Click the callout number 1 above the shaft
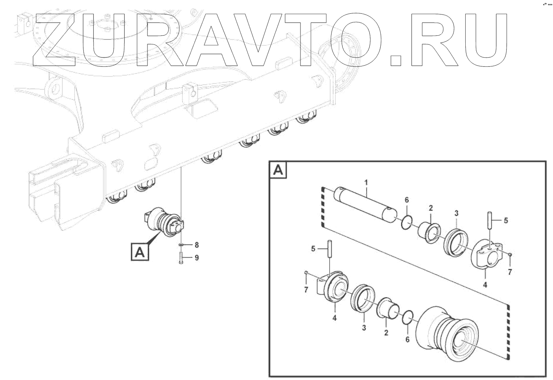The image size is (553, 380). [x=366, y=183]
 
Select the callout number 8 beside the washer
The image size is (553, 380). [x=197, y=245]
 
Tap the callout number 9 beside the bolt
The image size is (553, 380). [x=197, y=258]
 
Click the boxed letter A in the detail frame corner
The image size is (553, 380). [x=278, y=170]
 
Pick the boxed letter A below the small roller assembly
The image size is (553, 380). [x=140, y=252]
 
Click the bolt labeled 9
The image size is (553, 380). [x=181, y=258]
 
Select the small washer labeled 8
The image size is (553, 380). [x=181, y=245]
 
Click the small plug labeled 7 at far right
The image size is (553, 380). [x=510, y=255]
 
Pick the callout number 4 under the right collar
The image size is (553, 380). [x=485, y=285]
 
